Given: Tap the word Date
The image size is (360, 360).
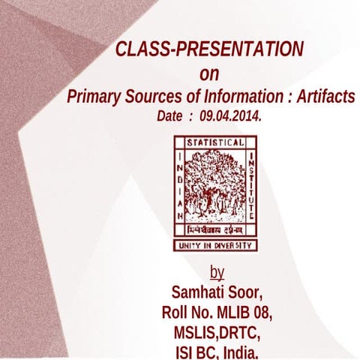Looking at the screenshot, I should coord(170,118).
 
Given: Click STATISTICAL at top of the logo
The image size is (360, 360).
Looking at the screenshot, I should coord(215,142).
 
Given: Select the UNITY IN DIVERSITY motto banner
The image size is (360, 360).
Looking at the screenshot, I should coord(215,245).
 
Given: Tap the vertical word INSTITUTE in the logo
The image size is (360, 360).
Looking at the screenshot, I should coord(250,187).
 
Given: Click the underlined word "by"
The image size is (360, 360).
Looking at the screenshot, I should coord(217,271).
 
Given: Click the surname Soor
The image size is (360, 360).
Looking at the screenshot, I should coord(247,291).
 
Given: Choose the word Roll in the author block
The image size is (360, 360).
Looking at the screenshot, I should coord(177,312).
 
